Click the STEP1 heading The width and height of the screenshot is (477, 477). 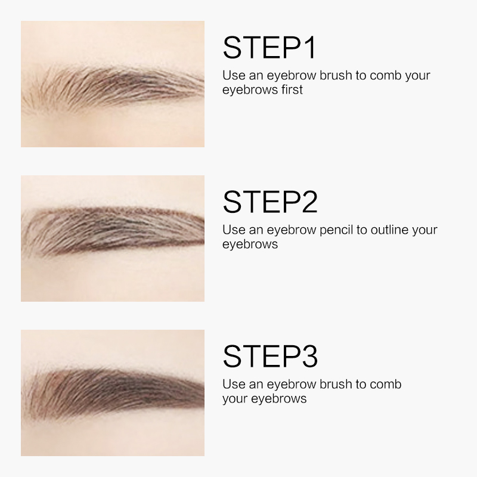point(270,48)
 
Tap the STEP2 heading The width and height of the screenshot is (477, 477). point(270,202)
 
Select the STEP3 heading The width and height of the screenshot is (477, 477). point(270,356)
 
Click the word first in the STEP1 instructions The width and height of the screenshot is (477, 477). point(292,89)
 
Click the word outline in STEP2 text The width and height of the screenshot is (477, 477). point(389,230)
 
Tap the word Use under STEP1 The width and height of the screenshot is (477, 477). point(234,76)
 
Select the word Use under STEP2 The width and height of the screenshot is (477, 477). point(234,230)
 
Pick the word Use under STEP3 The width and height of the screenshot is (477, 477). point(234,384)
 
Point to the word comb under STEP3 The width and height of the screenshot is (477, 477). point(386,384)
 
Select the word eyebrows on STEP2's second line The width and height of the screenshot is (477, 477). point(250,244)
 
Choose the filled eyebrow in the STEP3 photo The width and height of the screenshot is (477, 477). point(113,391)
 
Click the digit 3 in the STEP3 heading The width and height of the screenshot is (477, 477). point(309,356)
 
